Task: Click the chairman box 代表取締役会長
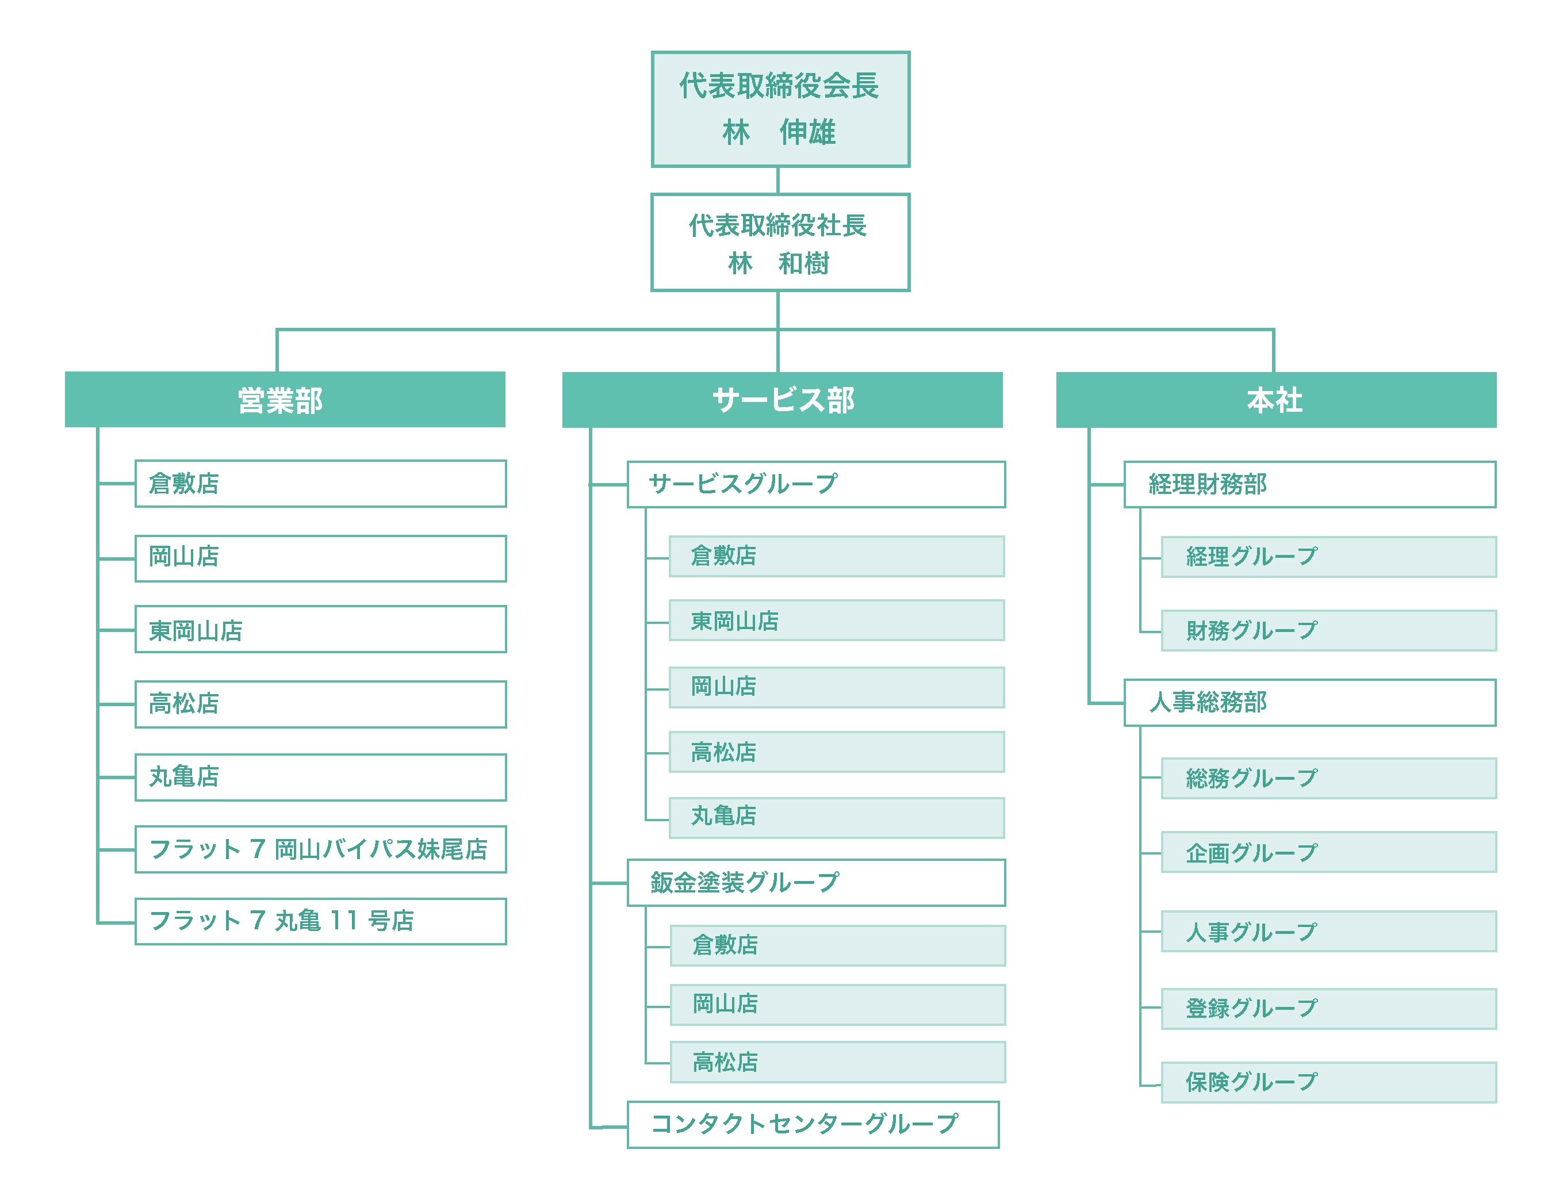[780, 109]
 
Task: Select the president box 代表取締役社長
[780, 243]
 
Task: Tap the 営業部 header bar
[285, 400]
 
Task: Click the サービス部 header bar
[782, 400]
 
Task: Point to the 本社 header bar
[1276, 400]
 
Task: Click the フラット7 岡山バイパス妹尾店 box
[320, 849]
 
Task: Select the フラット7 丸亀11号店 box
[320, 921]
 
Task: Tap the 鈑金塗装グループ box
[816, 883]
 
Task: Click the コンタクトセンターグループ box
[813, 1125]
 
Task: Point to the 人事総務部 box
[1309, 703]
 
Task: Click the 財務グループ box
[1329, 630]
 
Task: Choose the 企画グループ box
[1329, 852]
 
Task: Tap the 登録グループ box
[1329, 1009]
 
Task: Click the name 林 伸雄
[779, 133]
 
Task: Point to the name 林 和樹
[779, 263]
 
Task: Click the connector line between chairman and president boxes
[777, 181]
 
